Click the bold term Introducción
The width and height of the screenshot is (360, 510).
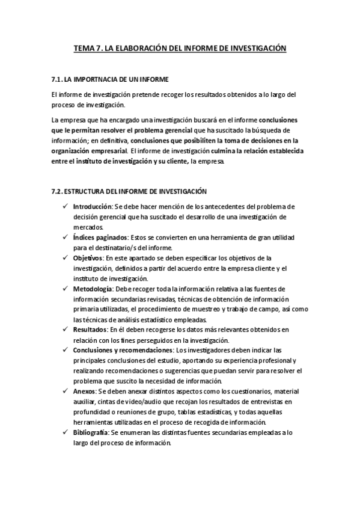point(92,206)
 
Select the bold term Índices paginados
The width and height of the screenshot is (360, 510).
point(100,238)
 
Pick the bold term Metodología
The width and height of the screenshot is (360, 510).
point(92,289)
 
